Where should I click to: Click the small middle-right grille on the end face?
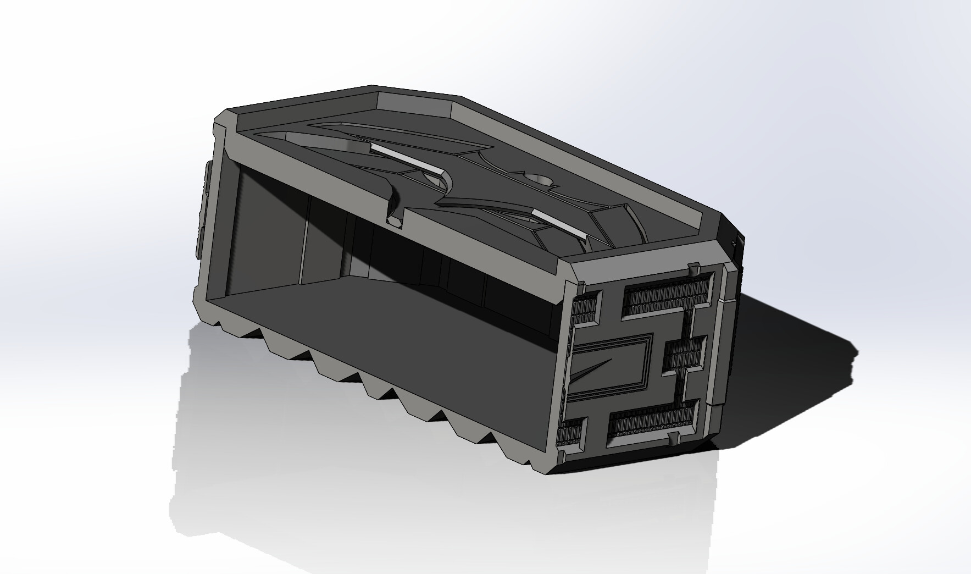[684, 352]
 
